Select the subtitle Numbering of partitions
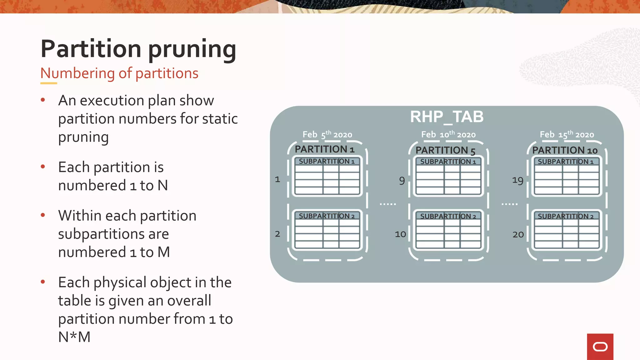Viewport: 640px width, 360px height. (x=119, y=73)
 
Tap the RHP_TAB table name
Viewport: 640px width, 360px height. (x=447, y=117)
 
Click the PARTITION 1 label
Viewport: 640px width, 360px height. (x=324, y=149)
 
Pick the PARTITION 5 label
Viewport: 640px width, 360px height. (x=445, y=150)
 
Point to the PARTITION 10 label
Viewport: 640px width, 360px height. (x=565, y=150)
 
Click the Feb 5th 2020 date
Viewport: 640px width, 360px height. (x=327, y=135)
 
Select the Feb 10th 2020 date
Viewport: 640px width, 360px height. (x=448, y=135)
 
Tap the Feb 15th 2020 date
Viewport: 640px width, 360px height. (x=567, y=135)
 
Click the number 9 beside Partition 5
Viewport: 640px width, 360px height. (x=402, y=180)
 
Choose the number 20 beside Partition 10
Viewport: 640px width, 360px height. (x=518, y=234)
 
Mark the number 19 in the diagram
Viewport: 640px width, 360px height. (x=517, y=180)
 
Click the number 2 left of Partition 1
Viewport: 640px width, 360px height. (x=277, y=234)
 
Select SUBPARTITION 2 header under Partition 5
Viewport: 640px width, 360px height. (x=448, y=216)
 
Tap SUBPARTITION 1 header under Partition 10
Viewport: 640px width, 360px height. (x=566, y=162)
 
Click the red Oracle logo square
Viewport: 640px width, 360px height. (x=600, y=347)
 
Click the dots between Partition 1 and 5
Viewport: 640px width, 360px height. (x=388, y=204)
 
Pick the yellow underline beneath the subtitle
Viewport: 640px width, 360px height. (x=49, y=83)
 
